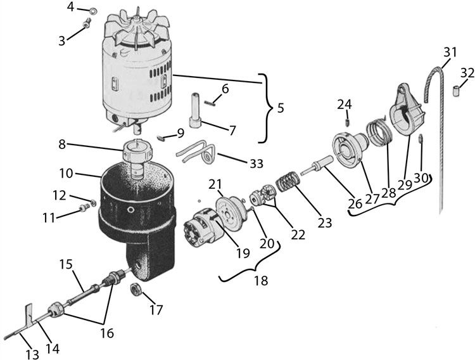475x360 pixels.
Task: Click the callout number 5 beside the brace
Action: [x=281, y=108]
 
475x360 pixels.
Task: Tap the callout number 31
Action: [x=450, y=53]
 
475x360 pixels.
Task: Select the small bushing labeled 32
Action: [x=455, y=91]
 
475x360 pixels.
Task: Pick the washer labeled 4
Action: [x=92, y=11]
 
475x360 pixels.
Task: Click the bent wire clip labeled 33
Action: [x=197, y=152]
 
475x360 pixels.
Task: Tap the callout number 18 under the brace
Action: [x=262, y=280]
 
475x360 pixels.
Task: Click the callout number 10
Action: [x=66, y=174]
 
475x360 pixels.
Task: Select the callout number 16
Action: [x=107, y=333]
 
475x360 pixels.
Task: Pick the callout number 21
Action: [x=215, y=184]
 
